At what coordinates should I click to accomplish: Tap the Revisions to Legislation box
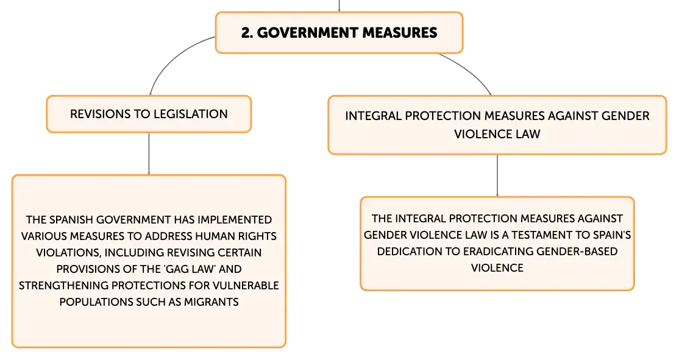(149, 114)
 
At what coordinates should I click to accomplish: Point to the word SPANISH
(72, 220)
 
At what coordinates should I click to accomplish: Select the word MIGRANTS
(212, 302)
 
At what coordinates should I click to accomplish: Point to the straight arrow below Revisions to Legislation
(149, 154)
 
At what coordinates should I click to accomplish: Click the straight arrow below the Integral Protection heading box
(497, 175)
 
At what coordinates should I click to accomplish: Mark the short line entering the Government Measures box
(339, 5)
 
